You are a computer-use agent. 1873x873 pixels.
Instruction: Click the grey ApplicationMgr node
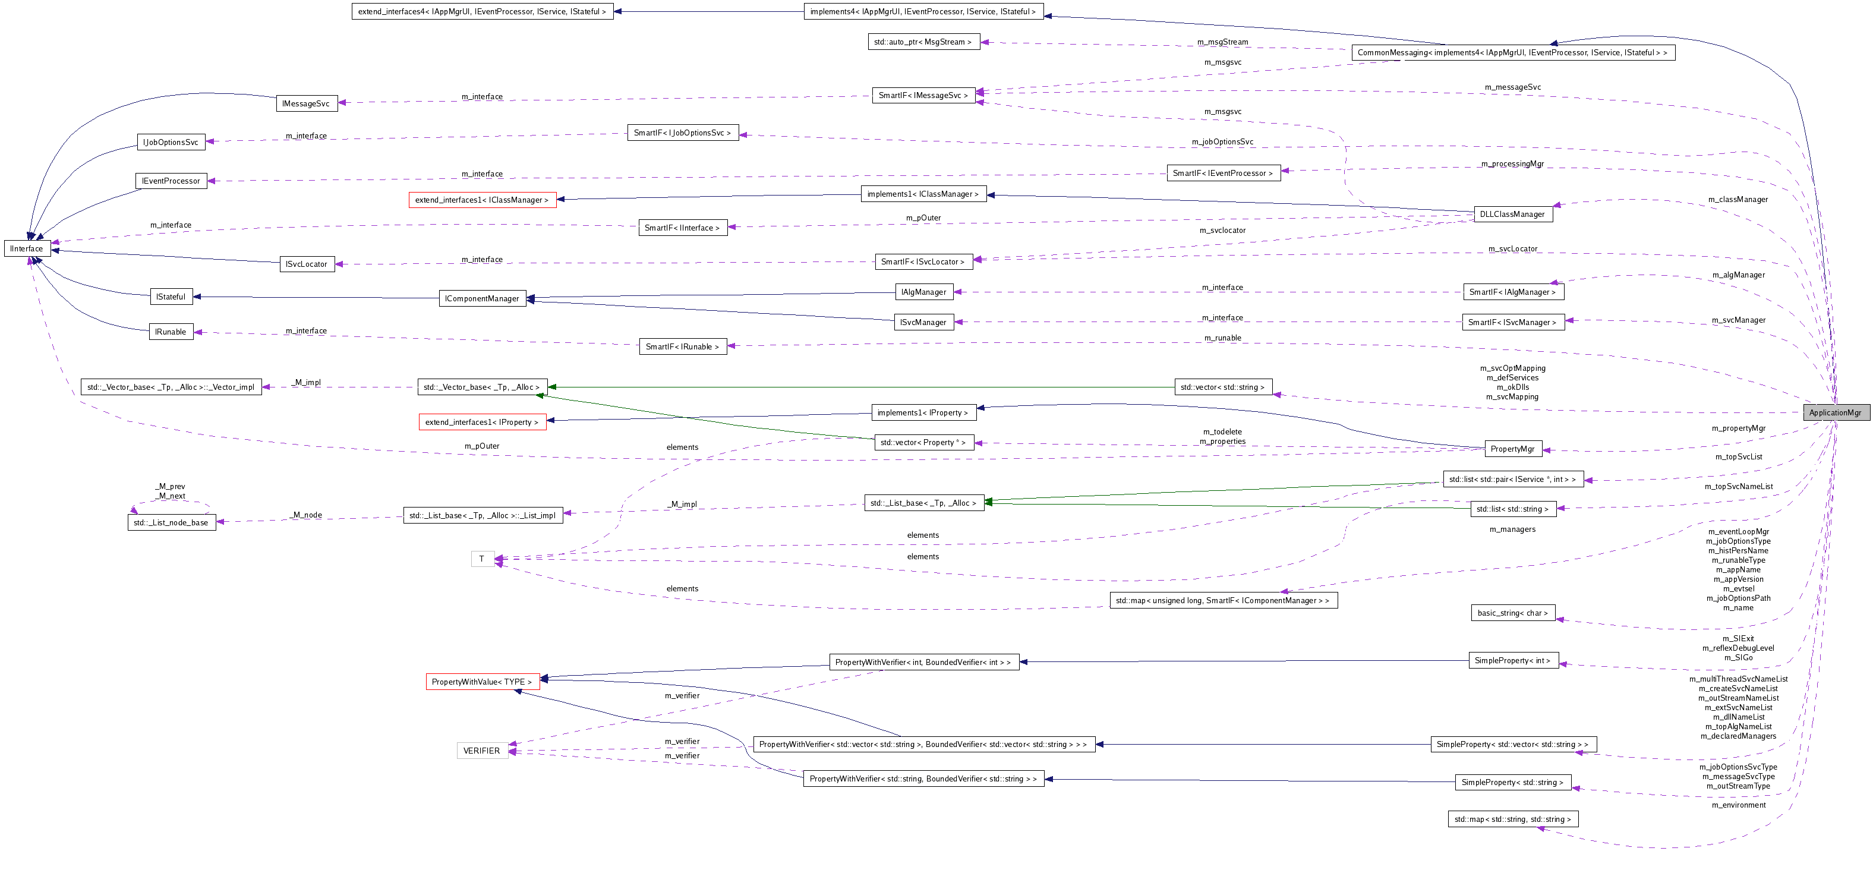(x=1834, y=413)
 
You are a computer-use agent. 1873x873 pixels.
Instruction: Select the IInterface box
(x=27, y=248)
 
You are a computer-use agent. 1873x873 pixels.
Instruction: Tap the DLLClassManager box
(x=1512, y=215)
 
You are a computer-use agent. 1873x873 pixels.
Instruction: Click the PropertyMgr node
(x=1512, y=449)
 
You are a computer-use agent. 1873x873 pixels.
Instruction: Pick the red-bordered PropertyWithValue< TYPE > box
(x=482, y=682)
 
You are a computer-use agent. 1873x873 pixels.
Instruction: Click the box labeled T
(x=481, y=559)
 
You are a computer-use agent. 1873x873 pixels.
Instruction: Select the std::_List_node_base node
(x=171, y=522)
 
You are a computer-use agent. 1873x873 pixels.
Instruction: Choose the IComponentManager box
(x=482, y=299)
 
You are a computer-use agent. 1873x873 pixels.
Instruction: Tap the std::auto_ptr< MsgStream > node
(x=923, y=42)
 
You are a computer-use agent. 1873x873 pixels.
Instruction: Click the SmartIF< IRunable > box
(x=682, y=346)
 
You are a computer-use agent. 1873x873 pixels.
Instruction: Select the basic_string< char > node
(x=1512, y=613)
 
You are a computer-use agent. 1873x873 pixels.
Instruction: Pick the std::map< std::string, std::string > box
(x=1512, y=819)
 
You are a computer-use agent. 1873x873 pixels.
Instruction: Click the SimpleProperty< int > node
(x=1512, y=661)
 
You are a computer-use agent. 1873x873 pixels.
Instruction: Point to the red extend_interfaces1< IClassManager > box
(x=482, y=200)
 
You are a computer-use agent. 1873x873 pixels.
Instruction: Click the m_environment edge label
(x=1738, y=805)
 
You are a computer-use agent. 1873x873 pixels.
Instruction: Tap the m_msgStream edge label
(x=1222, y=42)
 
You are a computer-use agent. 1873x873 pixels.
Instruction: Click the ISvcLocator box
(x=307, y=264)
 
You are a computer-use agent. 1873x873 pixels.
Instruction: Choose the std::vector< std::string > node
(x=1222, y=387)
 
